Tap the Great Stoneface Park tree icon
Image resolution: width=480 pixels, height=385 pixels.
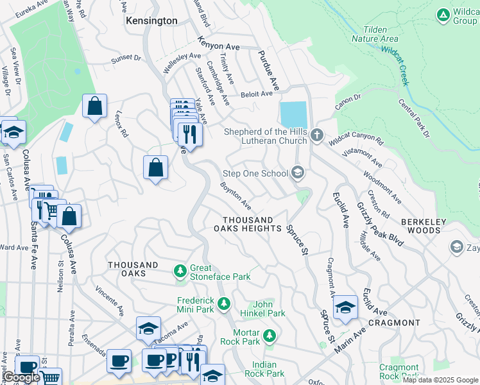[x=181, y=272]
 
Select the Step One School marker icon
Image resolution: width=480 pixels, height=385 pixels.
[x=297, y=173]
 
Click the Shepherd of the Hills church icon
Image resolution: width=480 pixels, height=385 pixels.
[x=316, y=135]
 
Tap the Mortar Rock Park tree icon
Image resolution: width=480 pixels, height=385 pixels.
[x=270, y=334]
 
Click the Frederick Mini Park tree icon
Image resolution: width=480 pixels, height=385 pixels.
[x=224, y=304]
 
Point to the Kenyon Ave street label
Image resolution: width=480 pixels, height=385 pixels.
[x=218, y=47]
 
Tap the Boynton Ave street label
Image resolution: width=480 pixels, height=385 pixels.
[x=236, y=196]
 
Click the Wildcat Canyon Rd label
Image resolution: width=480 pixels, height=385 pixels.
[x=356, y=139]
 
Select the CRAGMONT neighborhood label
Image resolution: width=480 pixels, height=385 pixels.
[x=394, y=323]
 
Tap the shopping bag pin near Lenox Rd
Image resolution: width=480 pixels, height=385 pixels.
[x=155, y=169]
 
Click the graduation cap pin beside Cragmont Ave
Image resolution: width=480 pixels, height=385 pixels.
[x=345, y=307]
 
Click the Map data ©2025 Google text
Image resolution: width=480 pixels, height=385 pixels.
[x=440, y=380]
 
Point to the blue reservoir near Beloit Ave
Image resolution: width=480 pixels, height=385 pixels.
[x=293, y=115]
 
